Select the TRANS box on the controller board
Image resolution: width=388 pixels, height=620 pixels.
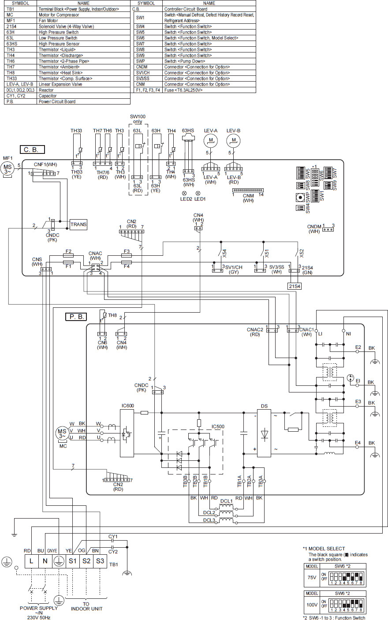pos(78,224)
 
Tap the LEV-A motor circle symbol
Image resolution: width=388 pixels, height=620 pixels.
pos(211,141)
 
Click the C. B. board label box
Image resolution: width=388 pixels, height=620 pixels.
pos(32,149)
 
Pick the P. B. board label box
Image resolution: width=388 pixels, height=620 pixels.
pos(76,317)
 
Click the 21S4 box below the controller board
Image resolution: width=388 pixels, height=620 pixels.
pos(294,286)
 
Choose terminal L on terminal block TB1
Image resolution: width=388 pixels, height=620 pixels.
pos(31,561)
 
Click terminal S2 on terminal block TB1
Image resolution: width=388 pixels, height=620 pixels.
pos(86,561)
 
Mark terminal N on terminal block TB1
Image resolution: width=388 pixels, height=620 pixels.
pos(45,561)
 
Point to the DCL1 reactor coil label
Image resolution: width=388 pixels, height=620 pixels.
pos(226,501)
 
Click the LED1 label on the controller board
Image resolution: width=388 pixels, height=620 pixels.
pos(201,199)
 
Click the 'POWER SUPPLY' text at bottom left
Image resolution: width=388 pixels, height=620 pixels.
pos(38,608)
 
